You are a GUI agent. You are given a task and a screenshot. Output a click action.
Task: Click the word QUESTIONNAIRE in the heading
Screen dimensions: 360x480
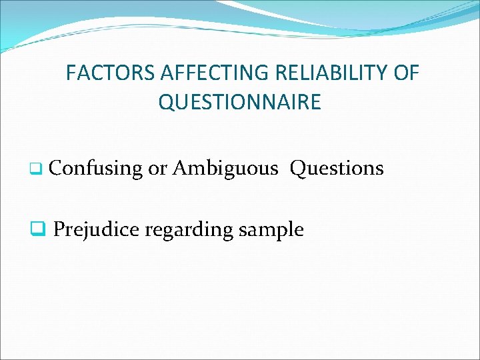(x=240, y=103)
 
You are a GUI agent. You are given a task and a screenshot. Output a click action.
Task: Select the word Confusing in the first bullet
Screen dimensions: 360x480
(x=96, y=169)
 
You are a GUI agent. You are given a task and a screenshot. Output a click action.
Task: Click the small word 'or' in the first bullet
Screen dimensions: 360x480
(x=157, y=169)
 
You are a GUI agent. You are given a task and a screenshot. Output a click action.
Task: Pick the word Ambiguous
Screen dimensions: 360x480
(x=225, y=169)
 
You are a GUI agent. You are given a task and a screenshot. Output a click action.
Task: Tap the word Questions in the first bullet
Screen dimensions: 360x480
(x=337, y=169)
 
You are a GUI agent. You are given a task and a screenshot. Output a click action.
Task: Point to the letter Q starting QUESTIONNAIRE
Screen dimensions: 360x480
(x=165, y=103)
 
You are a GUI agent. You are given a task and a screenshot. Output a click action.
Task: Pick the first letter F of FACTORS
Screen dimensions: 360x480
(x=71, y=73)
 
